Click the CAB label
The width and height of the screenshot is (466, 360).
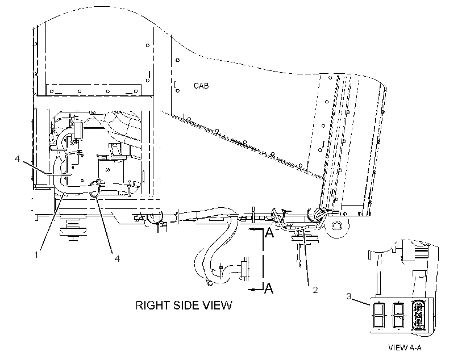tap(201, 86)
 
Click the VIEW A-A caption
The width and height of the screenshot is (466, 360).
tap(405, 348)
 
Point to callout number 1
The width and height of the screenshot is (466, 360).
tap(36, 254)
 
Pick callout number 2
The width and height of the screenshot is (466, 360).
tap(315, 290)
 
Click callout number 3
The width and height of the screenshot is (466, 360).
tap(349, 296)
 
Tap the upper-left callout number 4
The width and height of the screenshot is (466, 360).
tap(17, 159)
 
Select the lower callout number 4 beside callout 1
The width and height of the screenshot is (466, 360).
tap(118, 258)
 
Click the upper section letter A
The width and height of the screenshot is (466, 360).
tap(269, 233)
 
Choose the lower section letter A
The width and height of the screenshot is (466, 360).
tap(269, 288)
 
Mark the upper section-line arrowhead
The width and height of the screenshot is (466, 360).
tap(251, 229)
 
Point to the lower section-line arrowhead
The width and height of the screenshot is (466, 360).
tap(251, 290)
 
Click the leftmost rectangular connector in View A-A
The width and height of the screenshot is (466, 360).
tap(378, 315)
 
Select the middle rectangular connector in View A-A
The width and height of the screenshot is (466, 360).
tap(399, 315)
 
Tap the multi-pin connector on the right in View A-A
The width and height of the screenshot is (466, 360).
tap(419, 315)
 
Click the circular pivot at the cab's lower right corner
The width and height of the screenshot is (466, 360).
tap(336, 227)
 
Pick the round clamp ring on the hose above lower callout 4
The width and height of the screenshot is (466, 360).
tap(94, 189)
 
